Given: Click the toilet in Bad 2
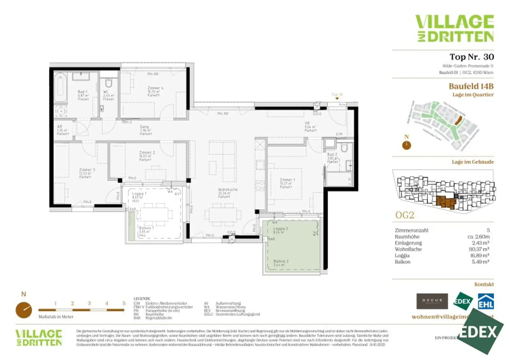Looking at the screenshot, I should [x=344, y=148].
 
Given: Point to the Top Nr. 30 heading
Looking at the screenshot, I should [x=471, y=57].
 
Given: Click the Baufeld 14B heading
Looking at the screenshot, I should [x=471, y=86].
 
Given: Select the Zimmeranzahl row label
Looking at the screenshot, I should [x=411, y=230].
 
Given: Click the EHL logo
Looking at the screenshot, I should [x=485, y=302].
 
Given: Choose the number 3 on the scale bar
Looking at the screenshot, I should [x=89, y=303].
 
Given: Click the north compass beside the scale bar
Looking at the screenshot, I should [x=24, y=310].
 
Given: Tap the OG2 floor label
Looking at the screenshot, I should [x=405, y=215].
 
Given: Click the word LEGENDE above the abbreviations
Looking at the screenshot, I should [x=142, y=299].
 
